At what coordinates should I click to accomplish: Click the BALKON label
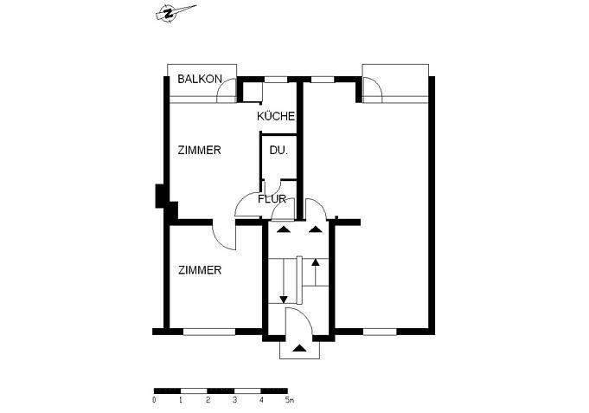pyautogui.click(x=200, y=80)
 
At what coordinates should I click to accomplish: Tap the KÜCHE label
pyautogui.click(x=276, y=116)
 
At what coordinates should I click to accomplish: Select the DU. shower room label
pyautogui.click(x=278, y=150)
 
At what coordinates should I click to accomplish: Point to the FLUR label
pyautogui.click(x=272, y=199)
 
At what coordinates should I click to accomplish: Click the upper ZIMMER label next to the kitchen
pyautogui.click(x=200, y=150)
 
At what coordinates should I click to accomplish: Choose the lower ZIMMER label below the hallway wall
pyautogui.click(x=200, y=270)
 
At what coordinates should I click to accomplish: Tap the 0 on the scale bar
pyautogui.click(x=154, y=401)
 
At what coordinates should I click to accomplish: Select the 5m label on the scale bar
pyautogui.click(x=290, y=401)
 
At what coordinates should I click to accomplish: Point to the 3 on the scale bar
pyautogui.click(x=235, y=401)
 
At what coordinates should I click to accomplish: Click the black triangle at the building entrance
pyautogui.click(x=299, y=348)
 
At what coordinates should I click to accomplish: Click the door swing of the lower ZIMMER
pyautogui.click(x=221, y=234)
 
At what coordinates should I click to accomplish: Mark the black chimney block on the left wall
pyautogui.click(x=161, y=198)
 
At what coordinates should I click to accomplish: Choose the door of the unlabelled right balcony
pyautogui.click(x=373, y=88)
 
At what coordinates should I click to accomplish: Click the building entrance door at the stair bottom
pyautogui.click(x=295, y=320)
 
